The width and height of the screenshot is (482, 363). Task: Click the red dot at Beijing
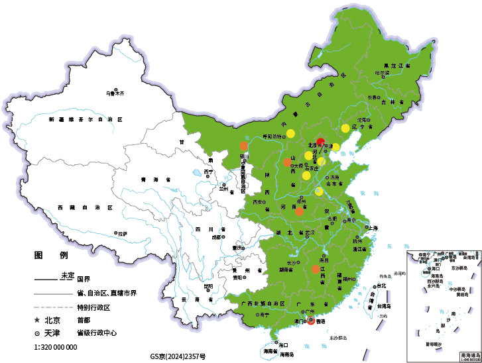(321, 142)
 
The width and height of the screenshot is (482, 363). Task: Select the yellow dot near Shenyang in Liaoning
(345, 128)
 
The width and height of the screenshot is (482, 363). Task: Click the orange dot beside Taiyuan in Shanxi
(287, 162)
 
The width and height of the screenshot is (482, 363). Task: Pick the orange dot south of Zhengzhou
(300, 211)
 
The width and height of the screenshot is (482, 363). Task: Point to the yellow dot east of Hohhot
(290, 133)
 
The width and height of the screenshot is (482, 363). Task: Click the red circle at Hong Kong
(312, 322)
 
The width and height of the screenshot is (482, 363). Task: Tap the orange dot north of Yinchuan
(243, 146)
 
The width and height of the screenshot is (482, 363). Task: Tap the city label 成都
(216, 236)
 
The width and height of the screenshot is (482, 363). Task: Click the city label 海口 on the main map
(284, 345)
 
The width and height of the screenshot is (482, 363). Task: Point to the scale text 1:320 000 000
(55, 346)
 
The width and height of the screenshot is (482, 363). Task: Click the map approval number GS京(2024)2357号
(178, 356)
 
